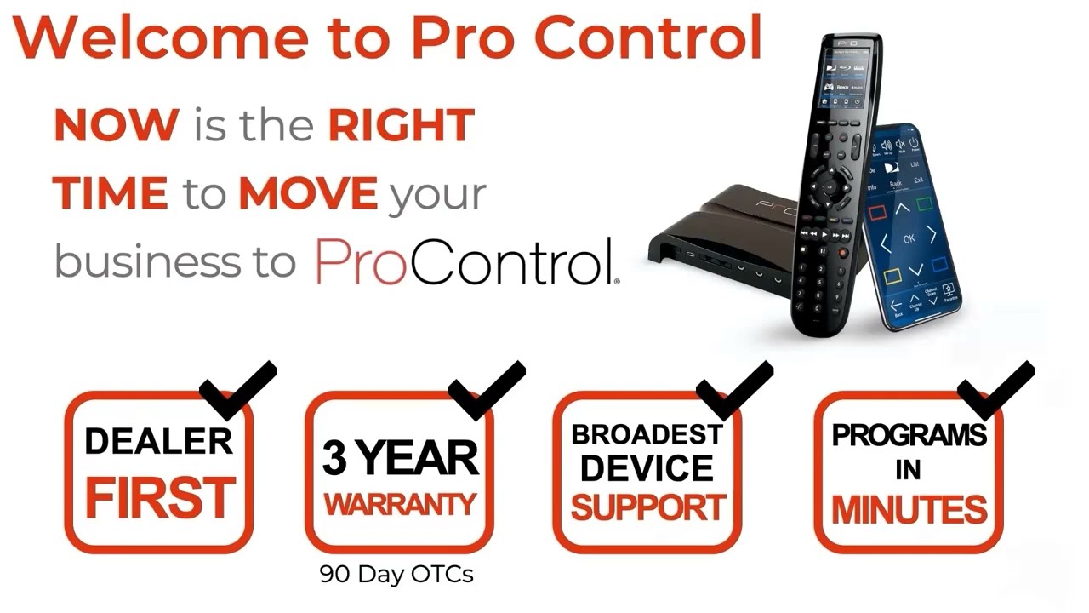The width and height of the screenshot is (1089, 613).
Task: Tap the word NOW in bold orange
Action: (116, 126)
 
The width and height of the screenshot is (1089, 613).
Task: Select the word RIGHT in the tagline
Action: (401, 126)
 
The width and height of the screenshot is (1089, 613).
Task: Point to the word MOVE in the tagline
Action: (307, 194)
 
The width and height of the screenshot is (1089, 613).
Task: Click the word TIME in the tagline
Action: (111, 194)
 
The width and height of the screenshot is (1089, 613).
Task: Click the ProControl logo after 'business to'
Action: (466, 261)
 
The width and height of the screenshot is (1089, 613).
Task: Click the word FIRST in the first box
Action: (159, 499)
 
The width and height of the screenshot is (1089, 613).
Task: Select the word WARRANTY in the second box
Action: (399, 504)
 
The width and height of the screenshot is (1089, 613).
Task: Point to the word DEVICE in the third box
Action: (647, 468)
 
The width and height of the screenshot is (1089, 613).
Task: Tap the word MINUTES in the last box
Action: (909, 509)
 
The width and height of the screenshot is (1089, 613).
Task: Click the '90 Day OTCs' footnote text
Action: (396, 574)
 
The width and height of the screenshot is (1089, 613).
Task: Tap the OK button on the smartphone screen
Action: (909, 239)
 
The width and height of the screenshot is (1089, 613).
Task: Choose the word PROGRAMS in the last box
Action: (909, 435)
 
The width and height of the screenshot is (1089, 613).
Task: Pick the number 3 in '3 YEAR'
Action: (334, 459)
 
